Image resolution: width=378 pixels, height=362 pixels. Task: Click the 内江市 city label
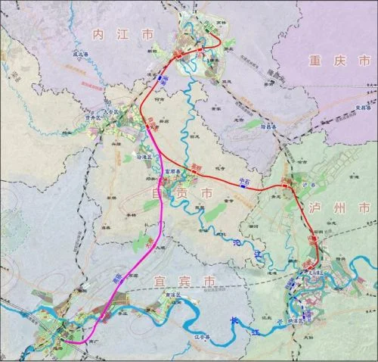(121, 35)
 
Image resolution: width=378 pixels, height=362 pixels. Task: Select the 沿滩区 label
(144, 157)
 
